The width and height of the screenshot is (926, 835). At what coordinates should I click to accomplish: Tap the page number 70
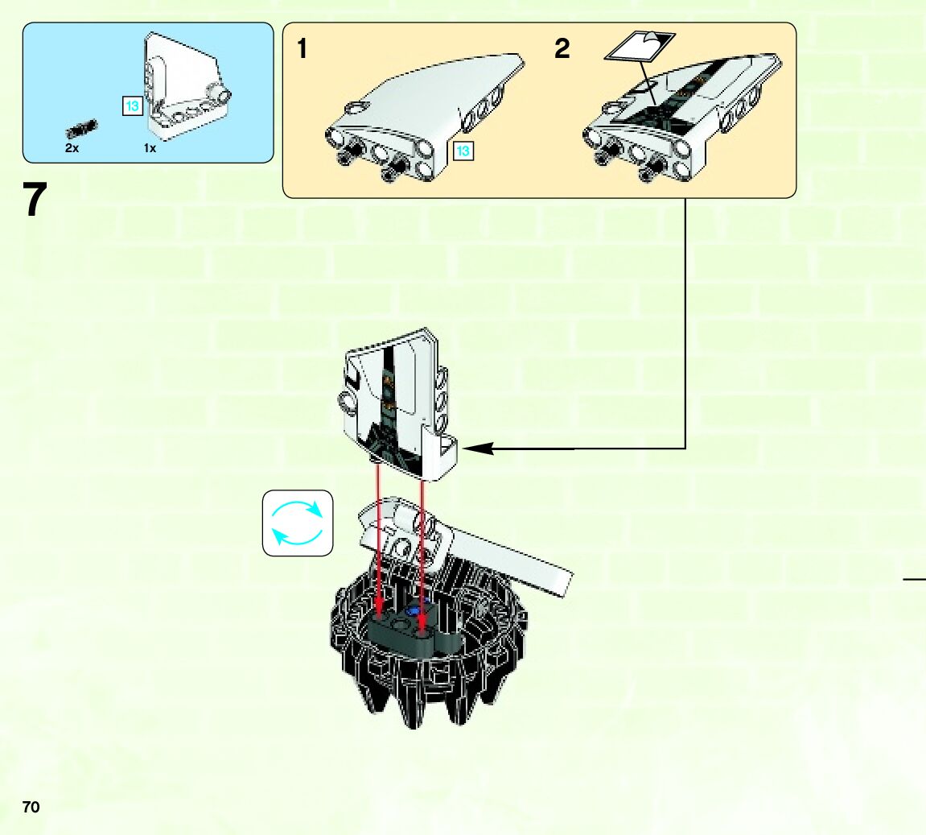(31, 808)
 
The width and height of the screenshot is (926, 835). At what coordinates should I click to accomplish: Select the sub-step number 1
(302, 49)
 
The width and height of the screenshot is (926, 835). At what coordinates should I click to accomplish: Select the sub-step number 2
(562, 49)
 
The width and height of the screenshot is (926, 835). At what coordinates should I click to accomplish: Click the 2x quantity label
(72, 149)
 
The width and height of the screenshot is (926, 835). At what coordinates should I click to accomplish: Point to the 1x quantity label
(150, 149)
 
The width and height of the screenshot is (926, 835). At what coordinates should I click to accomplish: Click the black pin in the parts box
(82, 128)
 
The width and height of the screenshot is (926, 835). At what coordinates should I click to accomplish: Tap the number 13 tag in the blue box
(132, 105)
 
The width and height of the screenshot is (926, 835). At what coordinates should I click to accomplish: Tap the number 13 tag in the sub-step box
(463, 151)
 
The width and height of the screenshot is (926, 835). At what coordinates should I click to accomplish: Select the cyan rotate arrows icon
(298, 523)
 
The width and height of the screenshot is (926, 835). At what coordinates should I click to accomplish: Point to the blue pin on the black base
(416, 611)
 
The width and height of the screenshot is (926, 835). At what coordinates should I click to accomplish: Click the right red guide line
(422, 548)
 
